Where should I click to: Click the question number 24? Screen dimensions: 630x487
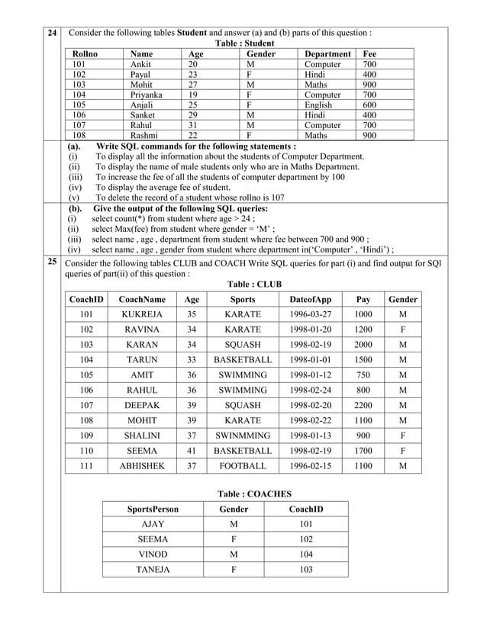tap(51, 33)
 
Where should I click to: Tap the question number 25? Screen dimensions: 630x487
tap(51, 262)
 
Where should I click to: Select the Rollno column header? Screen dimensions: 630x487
tap(85, 54)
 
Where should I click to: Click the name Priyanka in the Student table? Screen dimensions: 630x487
tap(147, 95)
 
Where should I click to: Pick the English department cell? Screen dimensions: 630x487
tap(318, 105)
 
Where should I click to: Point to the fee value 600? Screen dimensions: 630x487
tap(369, 105)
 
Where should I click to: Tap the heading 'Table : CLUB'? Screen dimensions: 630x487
tap(250, 284)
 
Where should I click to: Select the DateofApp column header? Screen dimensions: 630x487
tap(310, 301)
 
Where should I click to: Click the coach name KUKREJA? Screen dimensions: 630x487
tap(142, 315)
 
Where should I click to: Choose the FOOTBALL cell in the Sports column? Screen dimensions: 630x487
tap(243, 466)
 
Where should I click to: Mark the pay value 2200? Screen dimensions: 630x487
tap(363, 406)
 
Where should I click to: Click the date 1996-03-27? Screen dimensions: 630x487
tap(310, 315)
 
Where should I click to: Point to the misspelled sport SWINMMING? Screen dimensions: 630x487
tap(243, 436)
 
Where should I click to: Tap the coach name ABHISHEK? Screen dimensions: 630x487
tap(142, 466)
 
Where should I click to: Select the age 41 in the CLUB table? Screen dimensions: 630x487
tap(192, 451)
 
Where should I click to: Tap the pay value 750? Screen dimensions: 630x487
tap(363, 375)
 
